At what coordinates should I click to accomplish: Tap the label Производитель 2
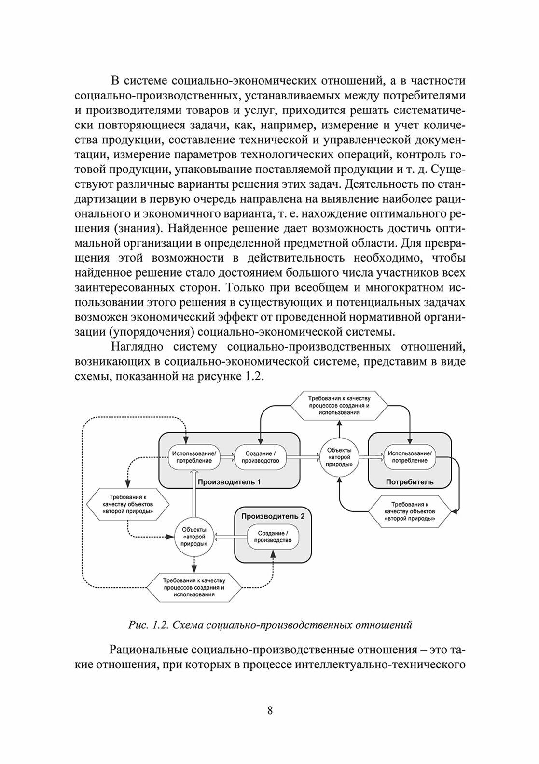coord(273,516)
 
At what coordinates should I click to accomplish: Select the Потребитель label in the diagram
coord(410,482)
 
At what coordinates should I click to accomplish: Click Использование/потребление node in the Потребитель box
coord(410,457)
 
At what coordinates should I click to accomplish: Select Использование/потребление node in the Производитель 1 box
coord(193,457)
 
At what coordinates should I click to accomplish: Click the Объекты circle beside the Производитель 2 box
coord(194,537)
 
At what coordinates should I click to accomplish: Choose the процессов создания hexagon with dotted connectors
coord(194,587)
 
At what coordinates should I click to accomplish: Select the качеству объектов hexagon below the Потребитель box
coord(410,511)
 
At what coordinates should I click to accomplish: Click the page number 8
coord(270,710)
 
